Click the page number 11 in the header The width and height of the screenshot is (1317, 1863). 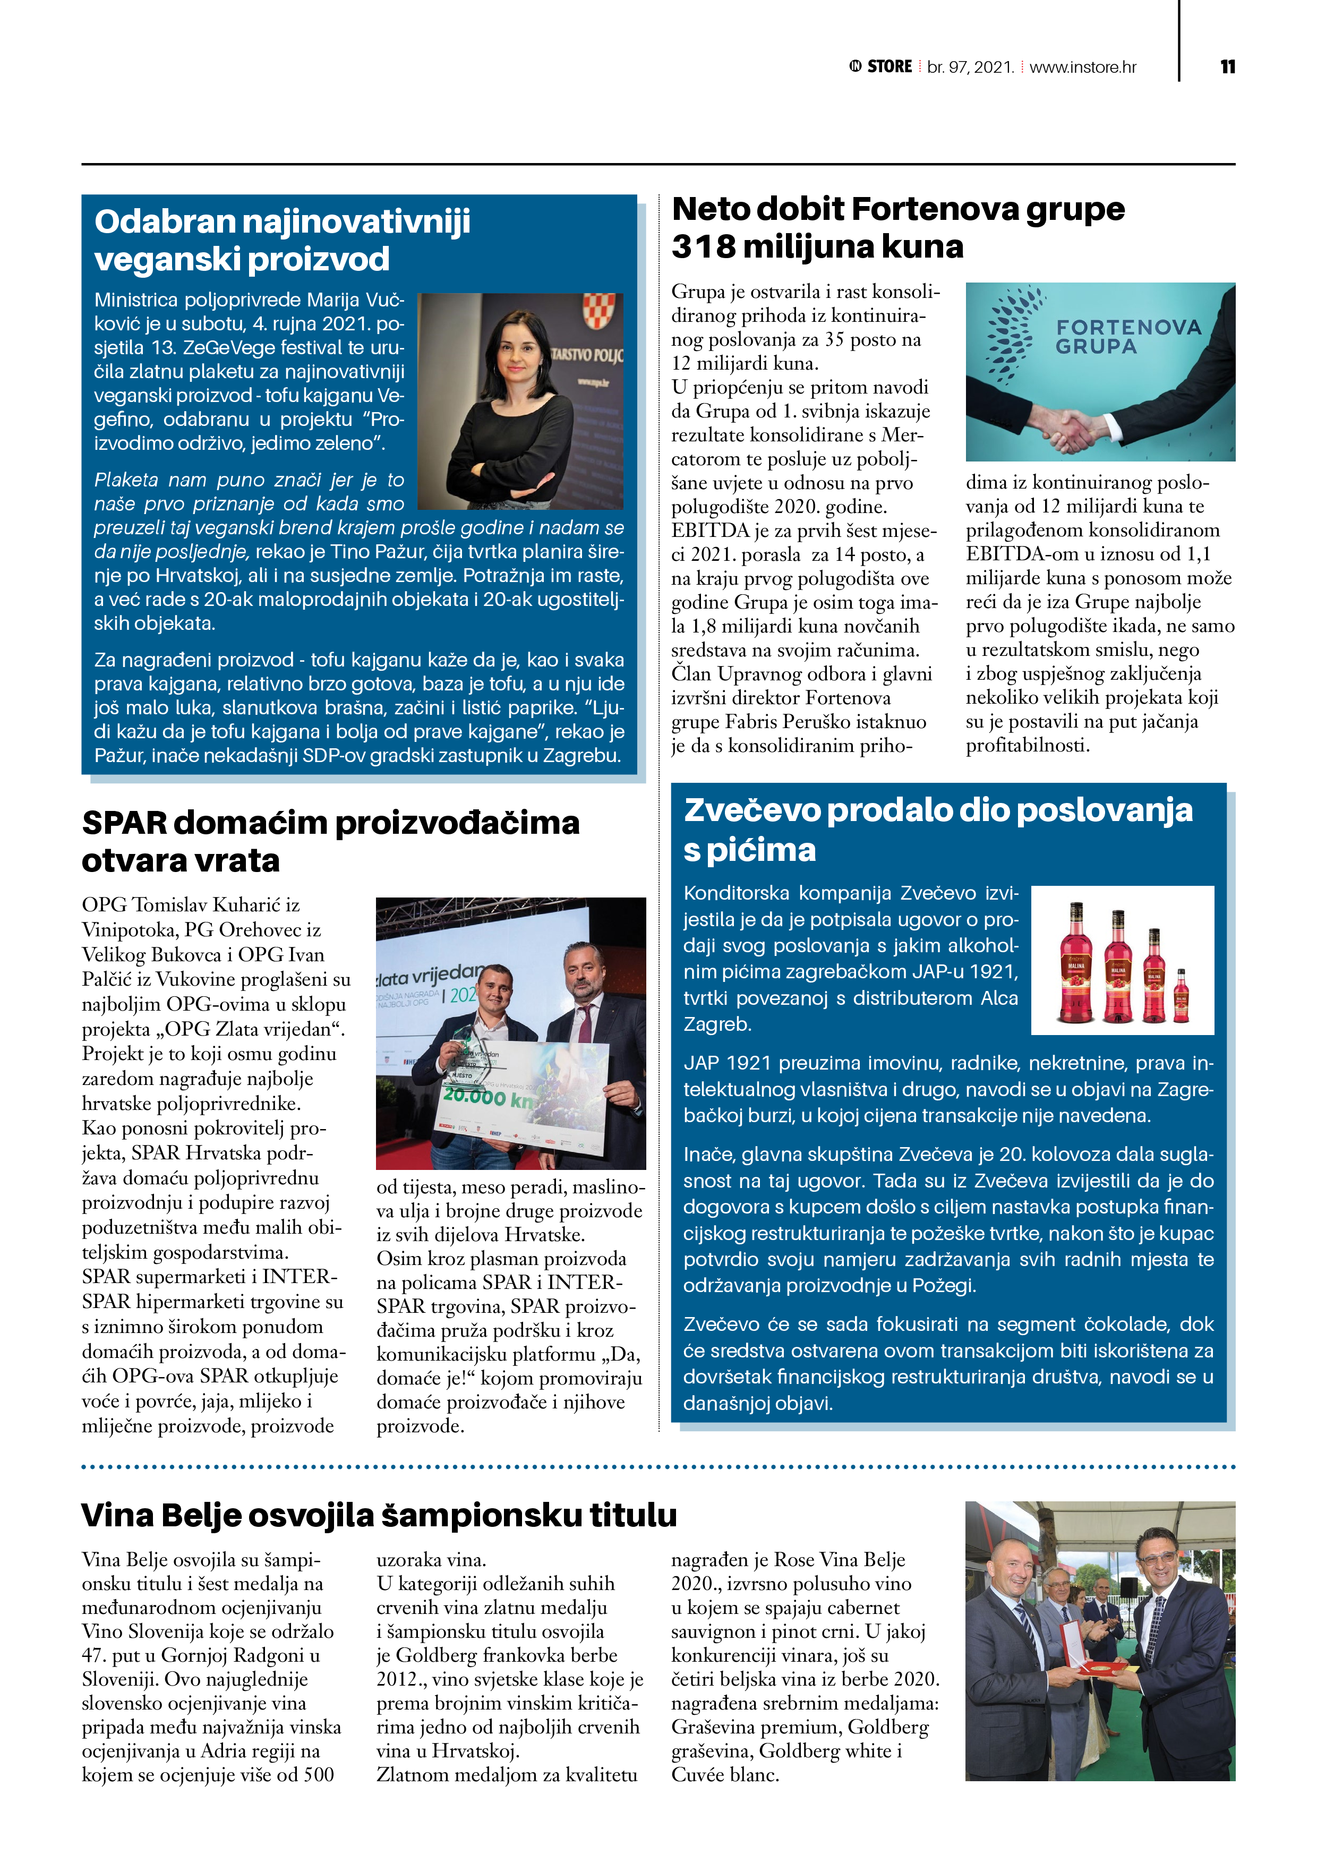point(1228,66)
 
